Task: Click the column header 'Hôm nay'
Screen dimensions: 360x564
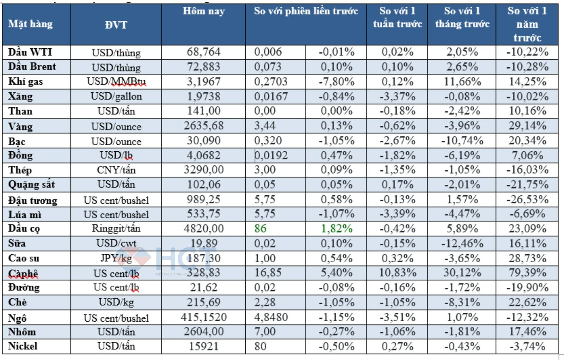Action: pyautogui.click(x=203, y=11)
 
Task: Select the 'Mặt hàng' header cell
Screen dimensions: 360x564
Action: pyautogui.click(x=30, y=24)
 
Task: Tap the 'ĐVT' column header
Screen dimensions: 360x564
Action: pyautogui.click(x=116, y=25)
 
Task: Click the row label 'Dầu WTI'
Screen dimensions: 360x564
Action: pyautogui.click(x=30, y=52)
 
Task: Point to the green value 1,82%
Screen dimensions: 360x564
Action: pyautogui.click(x=336, y=228)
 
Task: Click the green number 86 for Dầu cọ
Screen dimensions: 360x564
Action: pyautogui.click(x=260, y=228)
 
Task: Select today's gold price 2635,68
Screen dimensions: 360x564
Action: pyautogui.click(x=203, y=126)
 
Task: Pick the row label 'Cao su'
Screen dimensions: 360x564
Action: pyautogui.click(x=24, y=258)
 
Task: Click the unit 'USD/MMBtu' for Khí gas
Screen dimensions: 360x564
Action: pyautogui.click(x=116, y=81)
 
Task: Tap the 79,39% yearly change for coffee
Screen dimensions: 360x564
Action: pyautogui.click(x=527, y=273)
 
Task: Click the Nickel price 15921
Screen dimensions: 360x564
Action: pyautogui.click(x=203, y=346)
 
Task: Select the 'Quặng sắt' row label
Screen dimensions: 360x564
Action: pyautogui.click(x=31, y=184)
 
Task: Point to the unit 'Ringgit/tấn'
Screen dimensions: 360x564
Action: pyautogui.click(x=116, y=228)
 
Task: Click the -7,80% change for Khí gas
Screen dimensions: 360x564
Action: pyautogui.click(x=336, y=81)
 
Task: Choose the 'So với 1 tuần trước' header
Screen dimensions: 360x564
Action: pyautogui.click(x=397, y=18)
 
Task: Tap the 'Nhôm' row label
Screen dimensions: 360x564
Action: pyautogui.click(x=22, y=332)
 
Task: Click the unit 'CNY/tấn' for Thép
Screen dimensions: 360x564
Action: pyautogui.click(x=116, y=170)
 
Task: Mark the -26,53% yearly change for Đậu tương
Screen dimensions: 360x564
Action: pyautogui.click(x=527, y=200)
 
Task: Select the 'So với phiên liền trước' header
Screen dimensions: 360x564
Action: pyautogui.click(x=306, y=11)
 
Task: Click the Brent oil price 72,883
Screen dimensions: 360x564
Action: pyautogui.click(x=203, y=67)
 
